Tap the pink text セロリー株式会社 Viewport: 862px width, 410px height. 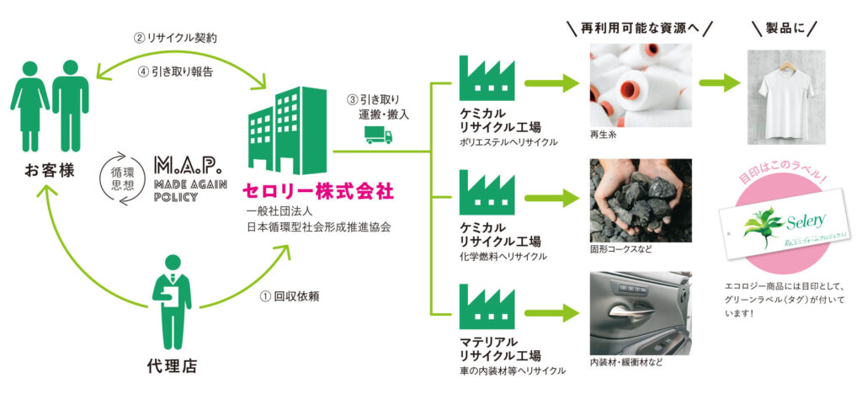pos(317,191)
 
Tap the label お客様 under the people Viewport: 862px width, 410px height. pos(49,169)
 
